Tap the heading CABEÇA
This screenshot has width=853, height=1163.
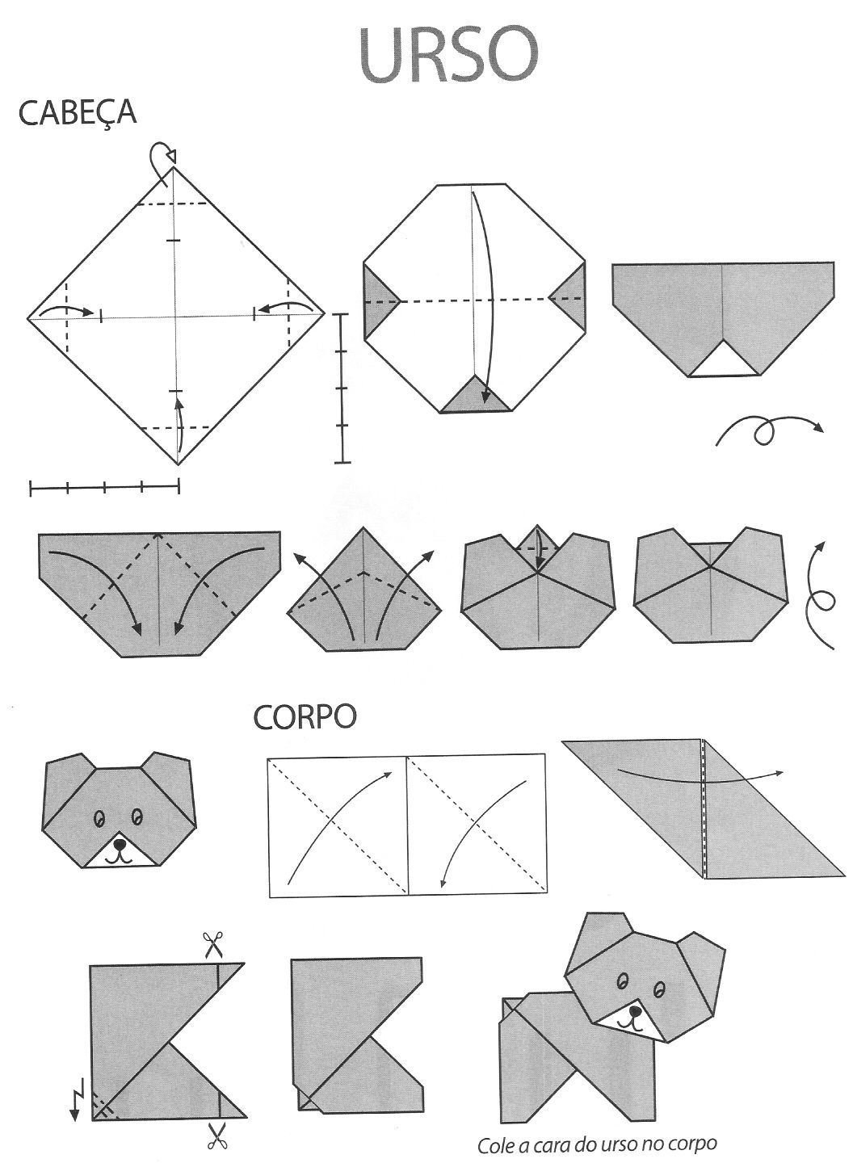(x=78, y=113)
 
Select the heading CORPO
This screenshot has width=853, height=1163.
(x=305, y=717)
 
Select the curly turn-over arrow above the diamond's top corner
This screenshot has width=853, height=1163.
(x=162, y=157)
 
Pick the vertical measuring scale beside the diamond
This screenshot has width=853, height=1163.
(x=342, y=388)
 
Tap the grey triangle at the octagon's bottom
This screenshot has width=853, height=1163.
(x=475, y=396)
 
